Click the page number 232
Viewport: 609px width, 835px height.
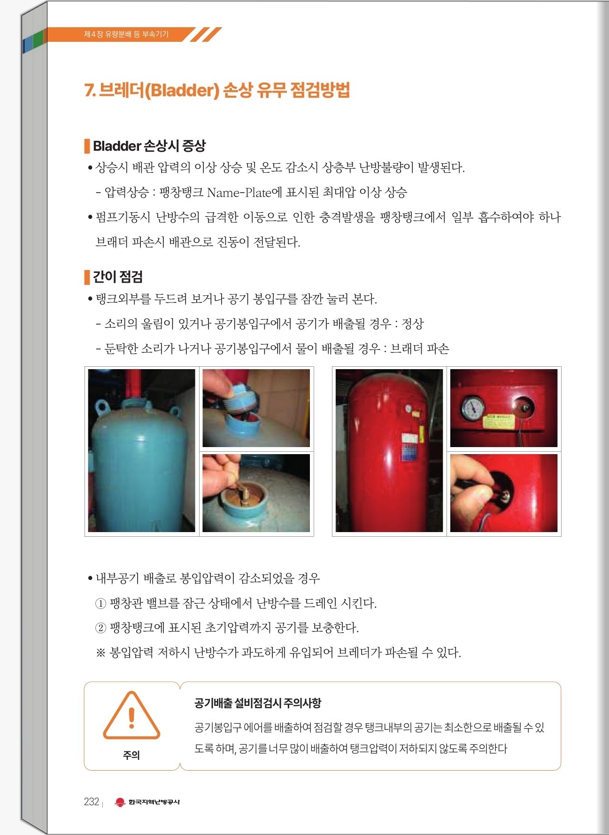(92, 802)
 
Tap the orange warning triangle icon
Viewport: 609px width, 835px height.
(131, 715)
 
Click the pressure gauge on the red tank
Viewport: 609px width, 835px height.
(473, 409)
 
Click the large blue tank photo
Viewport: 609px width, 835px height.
(141, 450)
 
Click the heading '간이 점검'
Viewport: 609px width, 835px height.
(118, 277)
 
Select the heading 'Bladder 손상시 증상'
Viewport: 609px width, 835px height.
(149, 146)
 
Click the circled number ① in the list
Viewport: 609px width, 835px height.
(100, 603)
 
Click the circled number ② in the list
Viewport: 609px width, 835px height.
(100, 628)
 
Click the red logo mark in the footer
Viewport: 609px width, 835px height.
(120, 802)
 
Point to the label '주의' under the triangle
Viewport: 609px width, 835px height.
(131, 755)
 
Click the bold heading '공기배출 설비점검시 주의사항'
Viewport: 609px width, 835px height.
(258, 703)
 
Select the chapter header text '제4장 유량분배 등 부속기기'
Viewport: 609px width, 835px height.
(126, 34)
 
